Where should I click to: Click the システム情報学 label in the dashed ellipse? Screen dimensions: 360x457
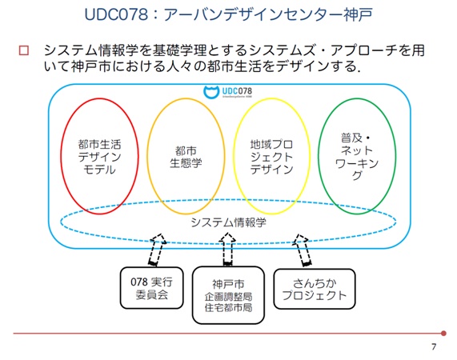coord(228,222)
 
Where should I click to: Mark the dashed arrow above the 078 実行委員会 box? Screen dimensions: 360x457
coord(156,250)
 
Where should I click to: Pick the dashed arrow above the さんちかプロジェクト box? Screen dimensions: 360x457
coord(303,250)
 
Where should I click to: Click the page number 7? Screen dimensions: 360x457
coord(433,346)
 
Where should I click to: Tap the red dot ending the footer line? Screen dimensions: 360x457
coord(443,332)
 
